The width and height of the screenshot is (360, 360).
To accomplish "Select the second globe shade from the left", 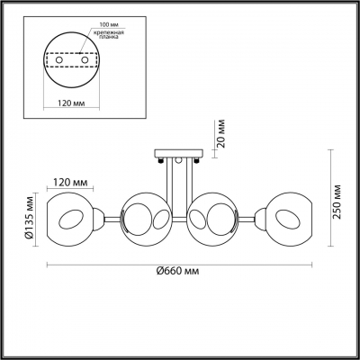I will [145, 219].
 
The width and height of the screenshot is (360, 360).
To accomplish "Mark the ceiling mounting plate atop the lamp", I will [180, 152].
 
